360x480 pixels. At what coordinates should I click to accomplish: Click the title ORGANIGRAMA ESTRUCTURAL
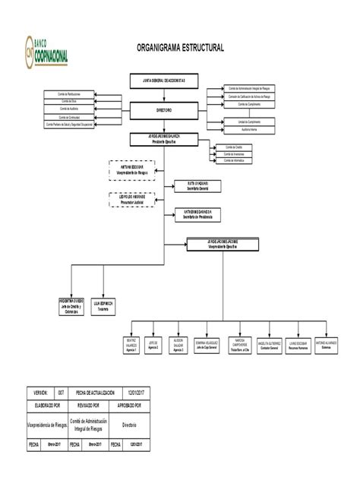tap(181, 48)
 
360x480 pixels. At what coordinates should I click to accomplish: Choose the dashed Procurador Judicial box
tap(132, 200)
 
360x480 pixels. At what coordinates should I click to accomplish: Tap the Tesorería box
tap(103, 304)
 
